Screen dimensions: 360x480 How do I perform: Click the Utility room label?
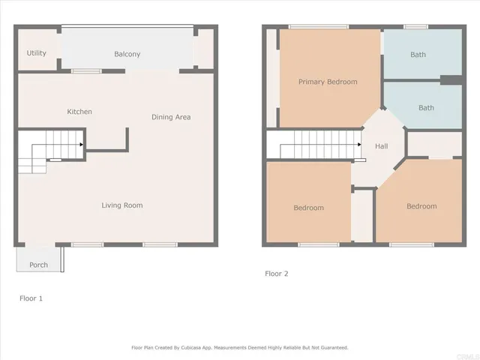tap(37, 53)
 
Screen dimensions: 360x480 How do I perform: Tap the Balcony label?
tap(127, 54)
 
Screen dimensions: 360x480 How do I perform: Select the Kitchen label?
tap(79, 112)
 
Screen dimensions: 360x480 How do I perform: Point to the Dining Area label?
tap(171, 117)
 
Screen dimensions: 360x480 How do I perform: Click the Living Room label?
tap(122, 205)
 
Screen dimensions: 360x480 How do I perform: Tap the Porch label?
tap(38, 265)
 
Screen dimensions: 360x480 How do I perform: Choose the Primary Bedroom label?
tap(328, 82)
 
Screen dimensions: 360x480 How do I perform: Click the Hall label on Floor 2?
tap(381, 147)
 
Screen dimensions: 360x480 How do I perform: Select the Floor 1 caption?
tap(31, 298)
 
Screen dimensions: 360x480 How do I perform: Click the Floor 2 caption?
tap(276, 274)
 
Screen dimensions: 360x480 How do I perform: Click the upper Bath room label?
tap(418, 55)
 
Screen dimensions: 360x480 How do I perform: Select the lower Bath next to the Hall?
tap(426, 108)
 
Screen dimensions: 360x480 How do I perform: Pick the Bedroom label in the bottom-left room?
tap(308, 208)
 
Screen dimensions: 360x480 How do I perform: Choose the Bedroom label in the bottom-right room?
tap(421, 206)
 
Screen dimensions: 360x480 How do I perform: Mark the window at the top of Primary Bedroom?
tap(313, 27)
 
